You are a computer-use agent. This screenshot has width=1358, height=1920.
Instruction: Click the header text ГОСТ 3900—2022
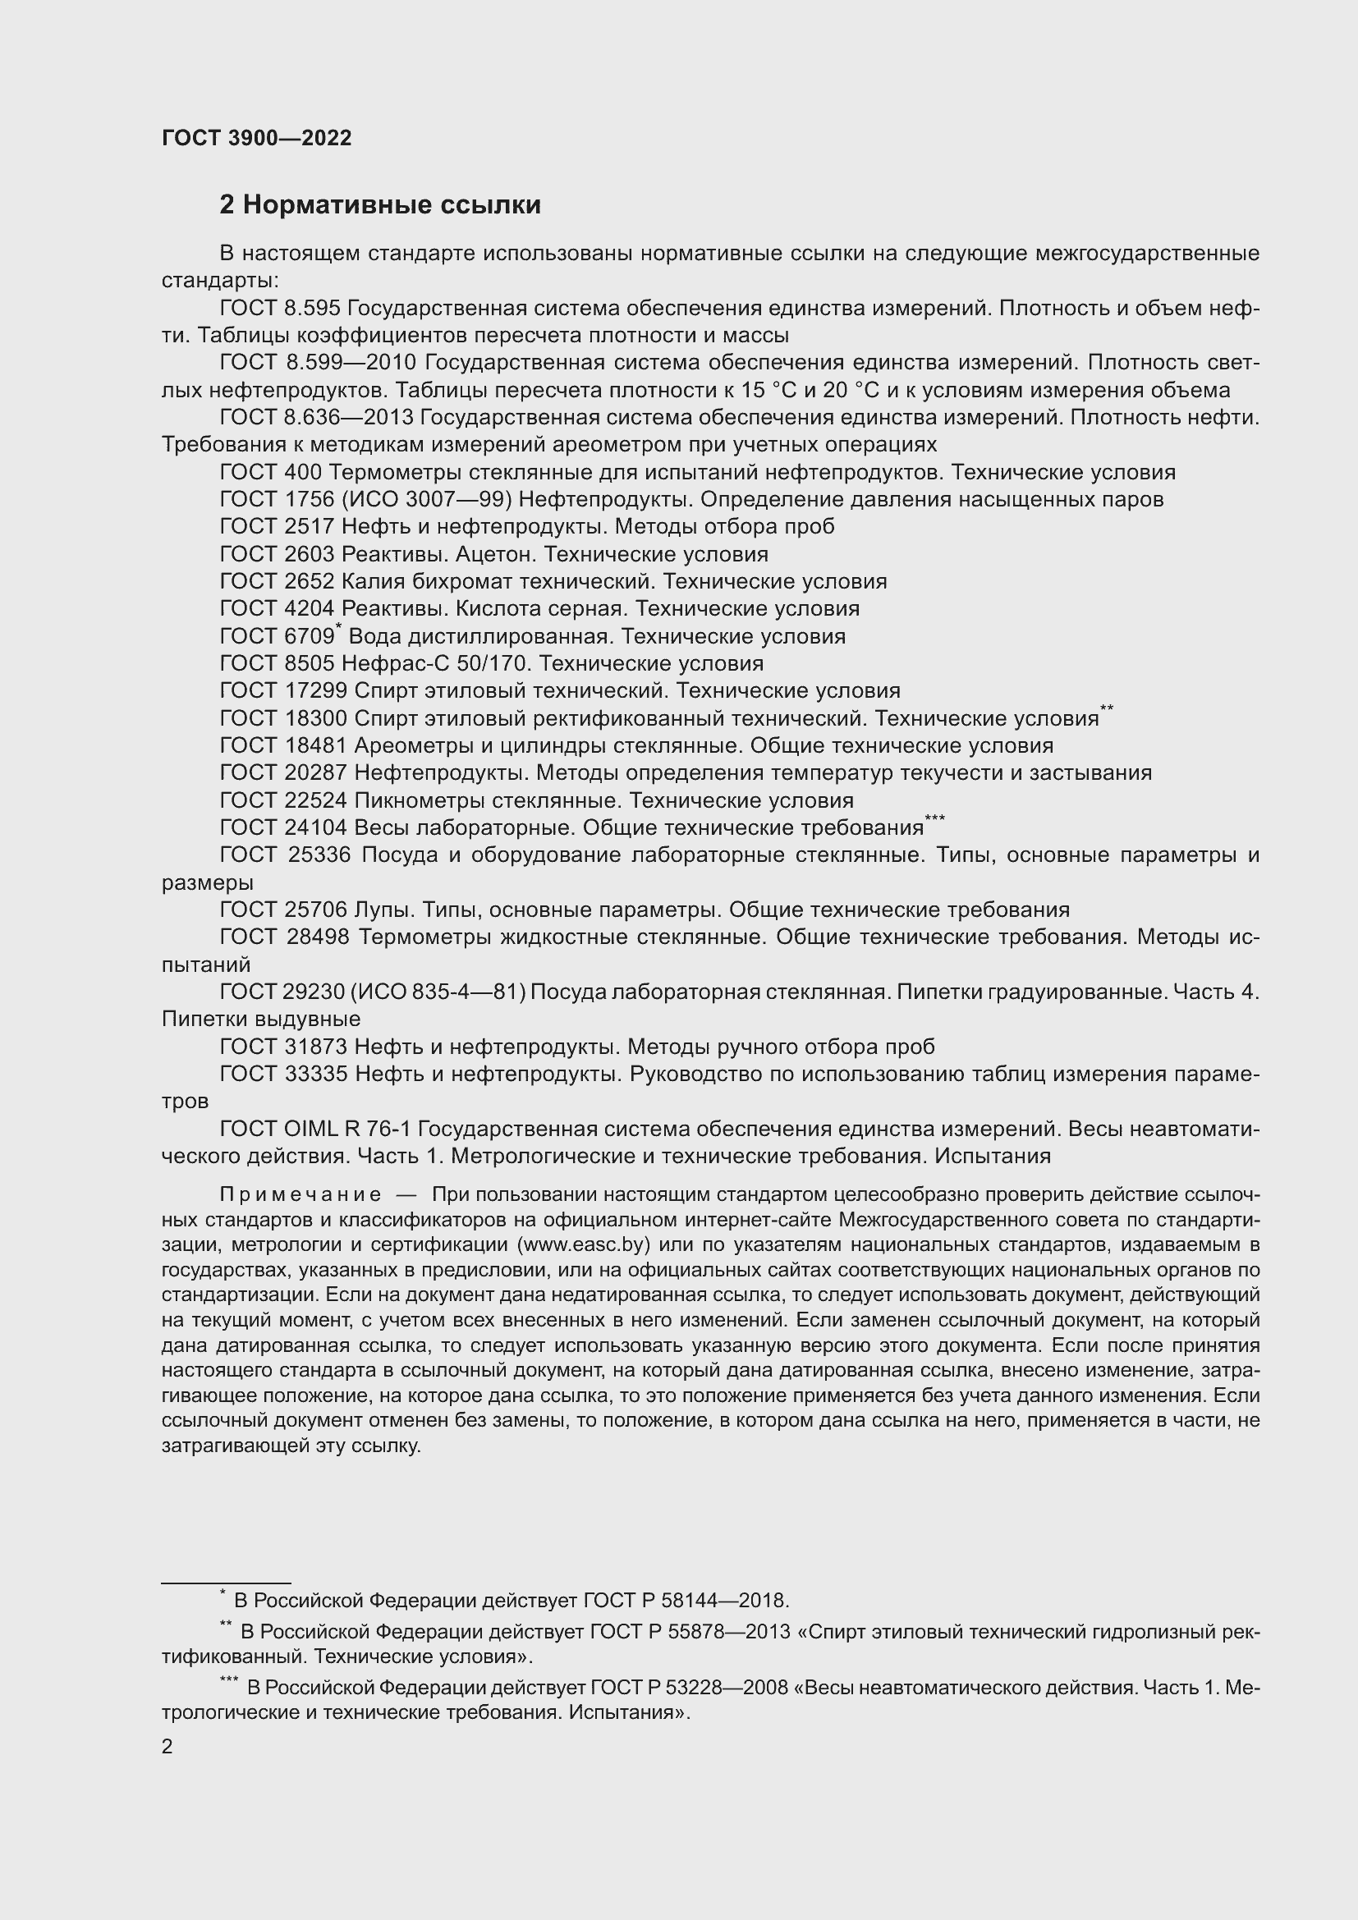tap(257, 139)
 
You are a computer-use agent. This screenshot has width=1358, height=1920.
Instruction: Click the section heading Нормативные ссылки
tap(392, 205)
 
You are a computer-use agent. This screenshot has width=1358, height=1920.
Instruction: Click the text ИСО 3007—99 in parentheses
tap(429, 500)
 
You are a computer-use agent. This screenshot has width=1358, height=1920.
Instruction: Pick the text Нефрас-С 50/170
tap(435, 664)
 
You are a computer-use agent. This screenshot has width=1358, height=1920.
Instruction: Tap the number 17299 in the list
tap(312, 690)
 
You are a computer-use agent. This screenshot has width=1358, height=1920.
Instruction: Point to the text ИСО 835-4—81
tap(438, 992)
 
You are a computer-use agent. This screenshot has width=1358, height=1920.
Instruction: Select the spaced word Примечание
tap(301, 1194)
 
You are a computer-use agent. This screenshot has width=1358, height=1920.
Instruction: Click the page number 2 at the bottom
tap(167, 1747)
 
